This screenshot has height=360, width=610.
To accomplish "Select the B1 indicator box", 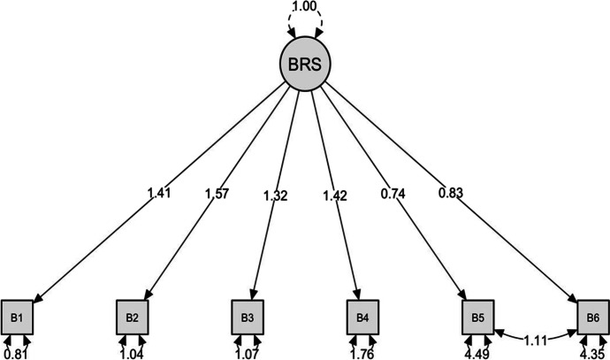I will point(17,316).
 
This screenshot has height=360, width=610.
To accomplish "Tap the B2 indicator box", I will point(131,316).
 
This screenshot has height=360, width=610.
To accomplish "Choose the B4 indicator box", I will point(362,316).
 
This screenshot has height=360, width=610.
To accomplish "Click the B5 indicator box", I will point(477,316).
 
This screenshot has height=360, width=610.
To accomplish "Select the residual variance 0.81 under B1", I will point(14,353).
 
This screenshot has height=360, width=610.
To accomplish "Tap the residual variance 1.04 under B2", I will point(131,353).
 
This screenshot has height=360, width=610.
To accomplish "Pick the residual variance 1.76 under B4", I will point(362,353).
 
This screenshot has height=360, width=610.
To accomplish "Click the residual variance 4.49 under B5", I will point(477,353).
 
